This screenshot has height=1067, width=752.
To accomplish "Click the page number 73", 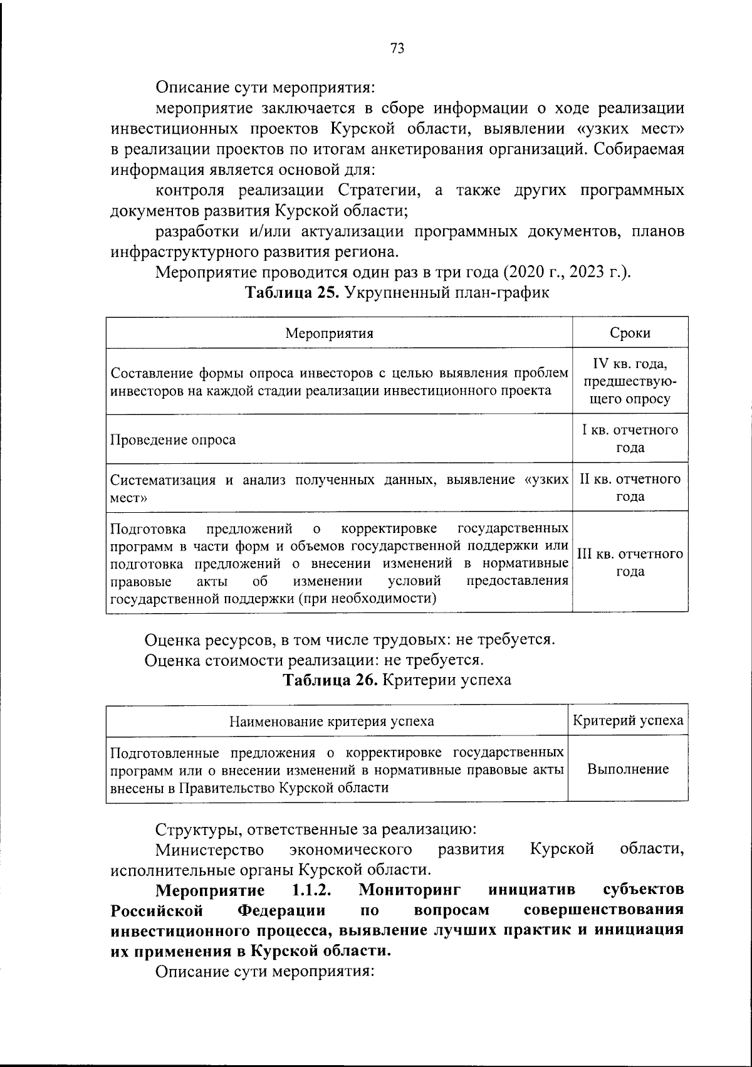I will (x=397, y=48).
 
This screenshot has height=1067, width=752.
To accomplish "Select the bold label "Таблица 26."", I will (x=330, y=680).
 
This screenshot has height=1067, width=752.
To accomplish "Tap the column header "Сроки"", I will (x=630, y=333).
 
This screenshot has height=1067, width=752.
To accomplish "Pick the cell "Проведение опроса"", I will (x=173, y=439).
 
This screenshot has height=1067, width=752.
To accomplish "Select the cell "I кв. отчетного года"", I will (x=630, y=439).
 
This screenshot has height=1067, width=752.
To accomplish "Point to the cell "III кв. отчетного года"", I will (x=630, y=563).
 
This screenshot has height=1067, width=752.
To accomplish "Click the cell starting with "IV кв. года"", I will (x=630, y=381).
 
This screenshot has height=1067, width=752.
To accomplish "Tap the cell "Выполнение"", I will (x=628, y=769).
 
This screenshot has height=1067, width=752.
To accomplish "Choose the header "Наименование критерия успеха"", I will (x=332, y=721).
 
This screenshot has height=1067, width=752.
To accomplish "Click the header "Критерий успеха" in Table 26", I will (x=628, y=720).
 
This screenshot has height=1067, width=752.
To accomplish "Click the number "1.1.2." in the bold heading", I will (x=311, y=890).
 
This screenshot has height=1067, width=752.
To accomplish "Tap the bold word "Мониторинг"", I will (x=410, y=890).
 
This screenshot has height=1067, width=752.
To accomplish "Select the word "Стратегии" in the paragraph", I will (x=375, y=190).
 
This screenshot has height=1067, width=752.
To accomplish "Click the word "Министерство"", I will (x=209, y=849).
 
